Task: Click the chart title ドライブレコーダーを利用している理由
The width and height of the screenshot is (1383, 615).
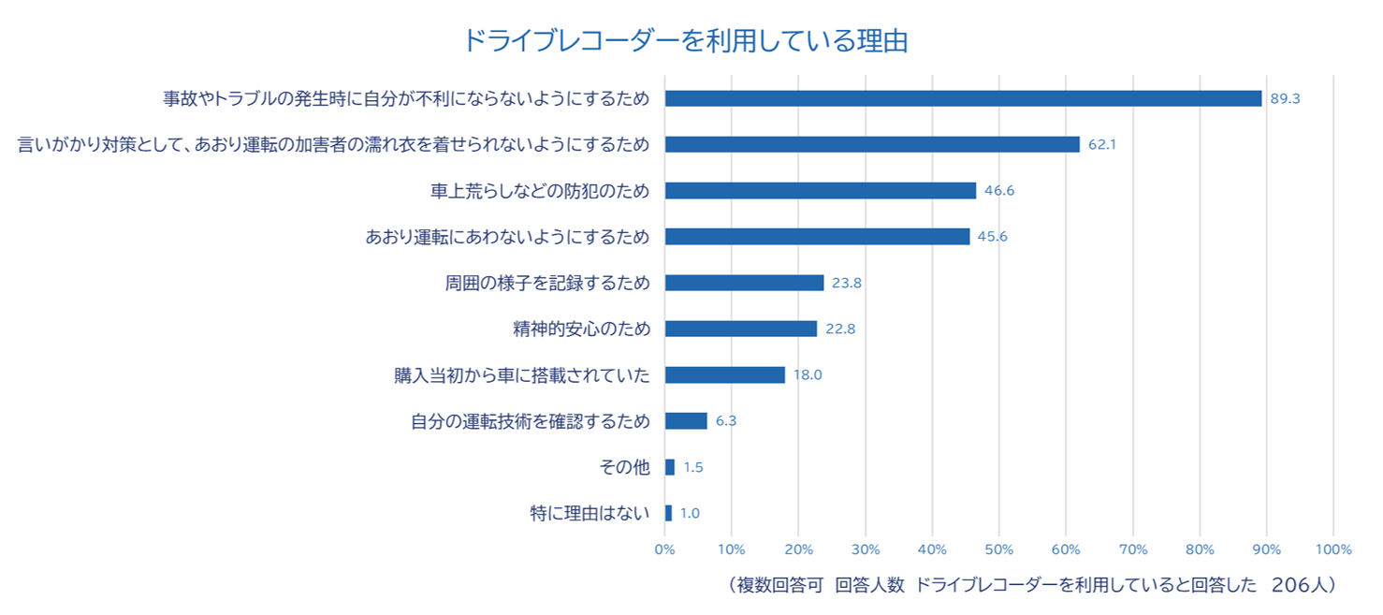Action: click(x=686, y=41)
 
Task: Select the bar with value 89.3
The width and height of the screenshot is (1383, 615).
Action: click(x=963, y=98)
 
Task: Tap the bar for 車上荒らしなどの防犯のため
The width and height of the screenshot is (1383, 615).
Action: click(x=820, y=191)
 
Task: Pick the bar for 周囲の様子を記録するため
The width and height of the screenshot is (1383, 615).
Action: click(x=744, y=283)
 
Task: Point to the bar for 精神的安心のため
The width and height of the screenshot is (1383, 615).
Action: click(x=740, y=329)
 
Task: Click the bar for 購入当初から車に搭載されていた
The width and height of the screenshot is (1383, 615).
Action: click(x=724, y=374)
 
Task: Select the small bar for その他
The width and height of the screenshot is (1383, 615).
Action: click(x=669, y=467)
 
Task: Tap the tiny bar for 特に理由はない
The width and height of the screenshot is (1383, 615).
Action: click(x=668, y=513)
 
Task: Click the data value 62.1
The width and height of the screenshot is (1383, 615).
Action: click(x=1102, y=145)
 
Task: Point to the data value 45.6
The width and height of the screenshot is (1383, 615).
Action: click(x=992, y=237)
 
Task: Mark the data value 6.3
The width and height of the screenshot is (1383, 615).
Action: click(x=726, y=421)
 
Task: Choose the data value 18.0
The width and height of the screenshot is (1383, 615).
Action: click(x=808, y=375)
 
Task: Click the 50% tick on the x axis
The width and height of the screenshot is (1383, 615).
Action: click(x=999, y=549)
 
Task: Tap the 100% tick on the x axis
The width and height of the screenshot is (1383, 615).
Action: click(x=1333, y=549)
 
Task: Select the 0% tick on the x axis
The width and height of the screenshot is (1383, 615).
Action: click(x=664, y=549)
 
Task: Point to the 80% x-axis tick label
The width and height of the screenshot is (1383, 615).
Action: click(x=1200, y=549)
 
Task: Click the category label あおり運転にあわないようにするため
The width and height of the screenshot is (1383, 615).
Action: click(x=507, y=237)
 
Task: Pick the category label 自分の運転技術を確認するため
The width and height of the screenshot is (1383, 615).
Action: click(x=530, y=421)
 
